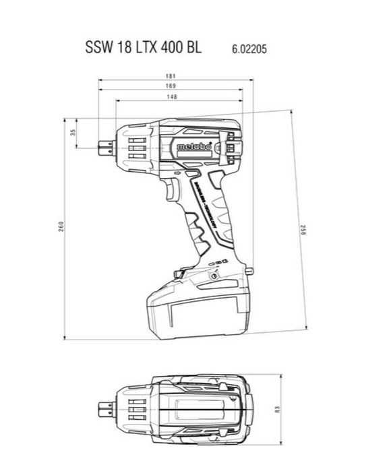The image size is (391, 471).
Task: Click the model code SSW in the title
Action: (x=98, y=49)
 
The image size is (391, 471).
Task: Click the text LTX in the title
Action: (x=140, y=49)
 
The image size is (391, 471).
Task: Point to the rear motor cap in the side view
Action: (x=233, y=145)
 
